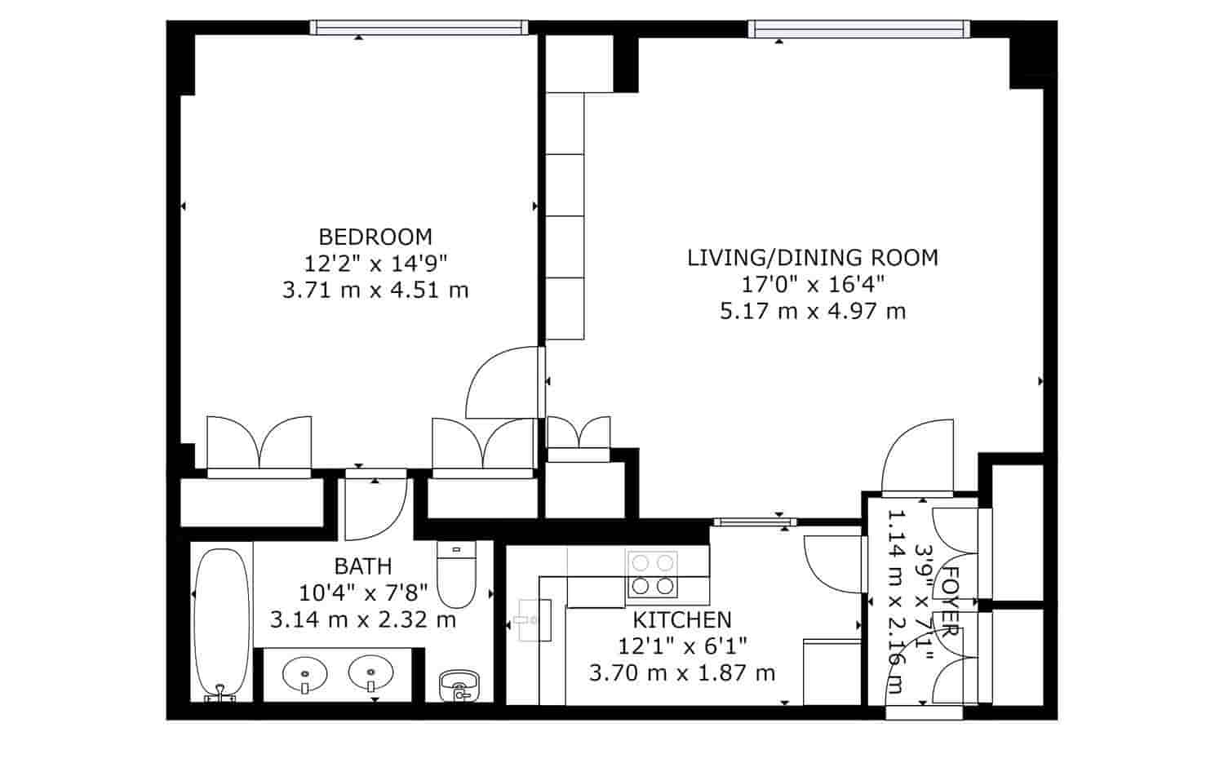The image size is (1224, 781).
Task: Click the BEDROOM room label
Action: (x=375, y=237)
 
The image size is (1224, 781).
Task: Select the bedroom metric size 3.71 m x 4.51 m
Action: (x=375, y=290)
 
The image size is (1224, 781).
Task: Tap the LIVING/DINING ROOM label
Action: (x=813, y=258)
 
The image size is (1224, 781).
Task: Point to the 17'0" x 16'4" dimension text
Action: (x=813, y=284)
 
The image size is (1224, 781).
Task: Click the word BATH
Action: (x=363, y=566)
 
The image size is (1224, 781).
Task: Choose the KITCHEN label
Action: (x=682, y=619)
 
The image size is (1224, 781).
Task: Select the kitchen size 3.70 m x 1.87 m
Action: (x=682, y=673)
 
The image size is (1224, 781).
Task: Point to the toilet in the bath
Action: (x=455, y=575)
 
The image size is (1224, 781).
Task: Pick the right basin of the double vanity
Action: (x=370, y=673)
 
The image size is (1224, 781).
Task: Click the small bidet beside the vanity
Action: (x=459, y=686)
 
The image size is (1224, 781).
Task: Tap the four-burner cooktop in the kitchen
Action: (x=652, y=575)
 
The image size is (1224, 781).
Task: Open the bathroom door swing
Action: (x=375, y=510)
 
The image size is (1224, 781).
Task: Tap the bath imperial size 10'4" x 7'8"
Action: (x=363, y=592)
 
